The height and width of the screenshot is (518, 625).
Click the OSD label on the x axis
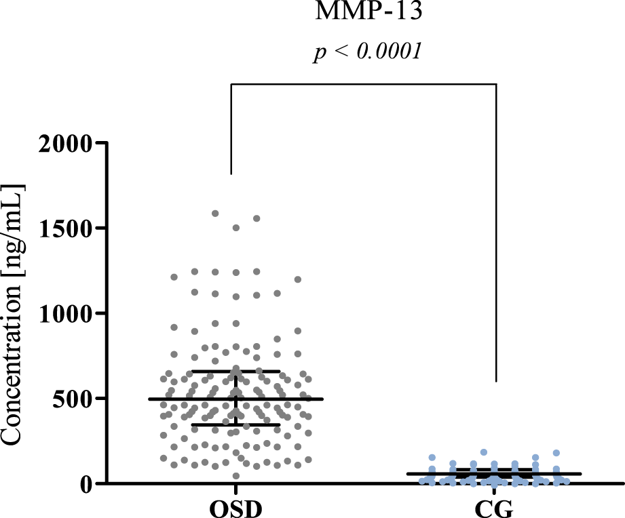pyautogui.click(x=235, y=508)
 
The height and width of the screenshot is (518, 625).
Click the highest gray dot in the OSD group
pyautogui.click(x=215, y=213)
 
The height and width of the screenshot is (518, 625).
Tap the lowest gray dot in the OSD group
pyautogui.click(x=236, y=476)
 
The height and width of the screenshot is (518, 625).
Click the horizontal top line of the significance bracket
pyautogui.click(x=364, y=84)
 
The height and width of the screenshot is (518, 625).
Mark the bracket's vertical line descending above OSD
pyautogui.click(x=231, y=129)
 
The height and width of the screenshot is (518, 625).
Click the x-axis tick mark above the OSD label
pyautogui.click(x=235, y=490)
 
